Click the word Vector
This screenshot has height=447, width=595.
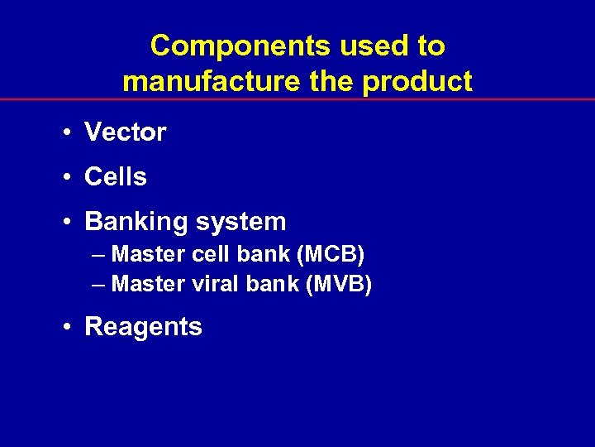coord(126,132)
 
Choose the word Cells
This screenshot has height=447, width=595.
coord(116,176)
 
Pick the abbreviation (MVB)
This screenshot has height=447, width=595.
coord(339,284)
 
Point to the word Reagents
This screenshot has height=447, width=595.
coord(143,327)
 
